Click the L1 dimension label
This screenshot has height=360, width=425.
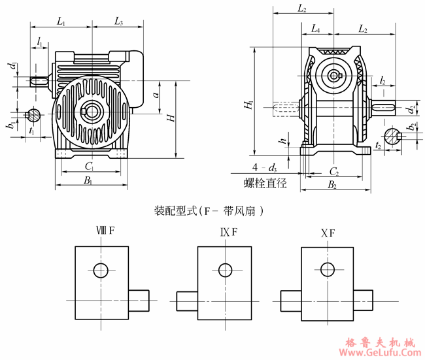(61, 22)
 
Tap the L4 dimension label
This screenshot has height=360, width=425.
(315, 29)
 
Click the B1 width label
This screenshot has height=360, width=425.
(88, 180)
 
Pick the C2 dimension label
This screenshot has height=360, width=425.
(333, 171)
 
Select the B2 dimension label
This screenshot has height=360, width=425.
(331, 186)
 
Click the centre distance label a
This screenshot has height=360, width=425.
(156, 95)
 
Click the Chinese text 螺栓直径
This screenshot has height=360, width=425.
(265, 184)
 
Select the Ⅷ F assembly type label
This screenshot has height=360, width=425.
(106, 232)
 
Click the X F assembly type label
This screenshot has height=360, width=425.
(328, 232)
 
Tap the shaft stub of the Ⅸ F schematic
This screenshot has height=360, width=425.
(187, 301)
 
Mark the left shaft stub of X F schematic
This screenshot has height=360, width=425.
(290, 301)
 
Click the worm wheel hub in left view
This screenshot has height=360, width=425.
(90, 110)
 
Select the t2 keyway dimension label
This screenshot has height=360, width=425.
(380, 146)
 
